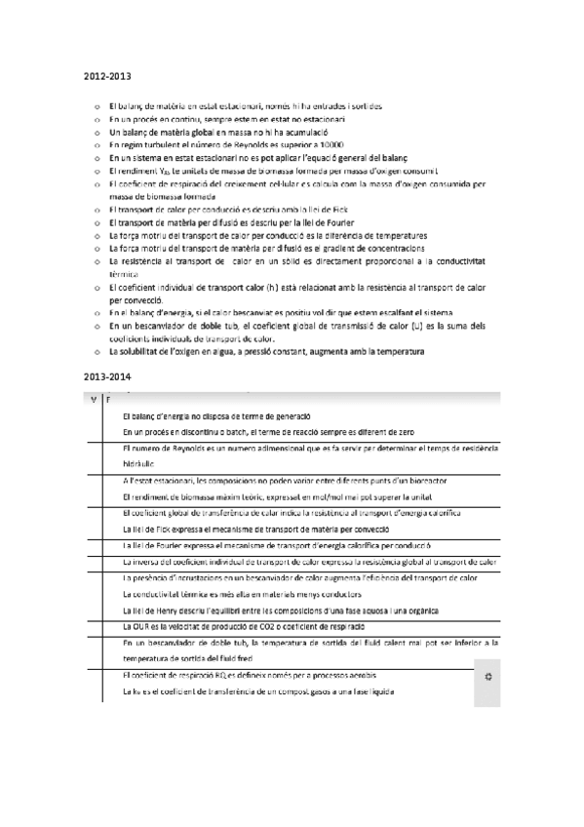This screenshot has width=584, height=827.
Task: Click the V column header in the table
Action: point(93,399)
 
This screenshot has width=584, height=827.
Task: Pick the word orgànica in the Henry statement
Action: point(474,610)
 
